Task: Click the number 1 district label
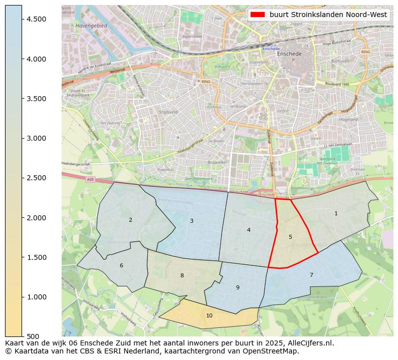click(x=336, y=214)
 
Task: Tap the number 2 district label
click(x=130, y=220)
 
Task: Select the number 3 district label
click(x=191, y=221)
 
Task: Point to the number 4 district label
click(x=249, y=230)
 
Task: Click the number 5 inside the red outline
click(x=290, y=237)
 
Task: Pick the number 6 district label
click(x=121, y=265)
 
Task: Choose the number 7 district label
click(x=311, y=275)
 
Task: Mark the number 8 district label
click(x=182, y=275)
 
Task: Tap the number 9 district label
click(x=238, y=287)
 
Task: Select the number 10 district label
click(x=209, y=315)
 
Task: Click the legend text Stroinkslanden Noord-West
click(x=328, y=15)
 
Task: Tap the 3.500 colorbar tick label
click(x=36, y=99)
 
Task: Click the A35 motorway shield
click(x=90, y=179)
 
